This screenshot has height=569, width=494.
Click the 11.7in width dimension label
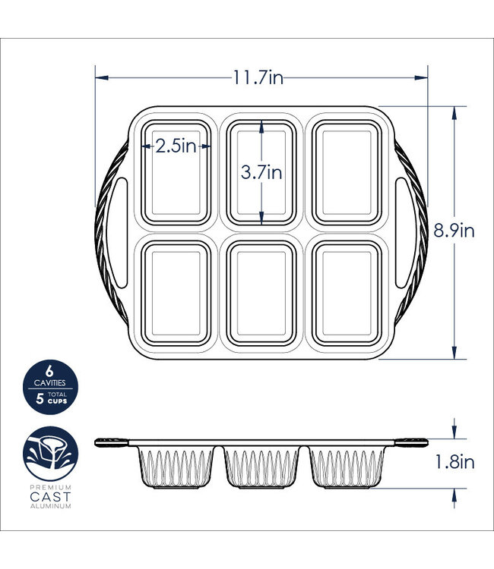click(x=258, y=77)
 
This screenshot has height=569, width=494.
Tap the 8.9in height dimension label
click(x=454, y=231)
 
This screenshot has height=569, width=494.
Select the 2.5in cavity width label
click(x=176, y=146)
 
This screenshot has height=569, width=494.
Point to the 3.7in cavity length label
click(x=261, y=172)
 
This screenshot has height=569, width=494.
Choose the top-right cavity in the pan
click(x=347, y=174)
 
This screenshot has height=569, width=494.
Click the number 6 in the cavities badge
click(x=49, y=371)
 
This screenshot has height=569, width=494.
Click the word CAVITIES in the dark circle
click(x=49, y=384)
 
